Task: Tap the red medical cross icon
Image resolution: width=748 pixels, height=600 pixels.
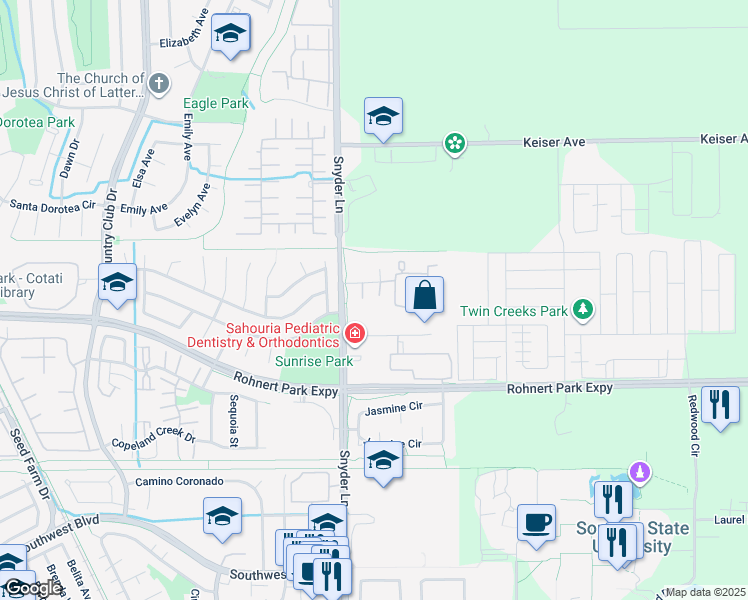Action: click(353, 332)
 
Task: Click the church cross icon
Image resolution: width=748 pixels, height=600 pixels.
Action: click(159, 84)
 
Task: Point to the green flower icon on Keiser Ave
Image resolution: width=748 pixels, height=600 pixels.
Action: click(455, 144)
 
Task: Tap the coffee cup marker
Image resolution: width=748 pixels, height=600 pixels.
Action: click(536, 523)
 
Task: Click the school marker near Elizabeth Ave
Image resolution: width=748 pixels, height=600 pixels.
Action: click(230, 34)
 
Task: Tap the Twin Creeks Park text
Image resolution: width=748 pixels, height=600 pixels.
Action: click(514, 311)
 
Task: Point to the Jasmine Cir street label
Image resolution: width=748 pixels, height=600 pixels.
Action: click(395, 408)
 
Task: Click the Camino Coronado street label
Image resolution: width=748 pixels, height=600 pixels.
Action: click(179, 481)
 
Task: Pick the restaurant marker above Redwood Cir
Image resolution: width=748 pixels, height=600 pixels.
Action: click(720, 405)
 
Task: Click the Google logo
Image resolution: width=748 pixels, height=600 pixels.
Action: click(33, 589)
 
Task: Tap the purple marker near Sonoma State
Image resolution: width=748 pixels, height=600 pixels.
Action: click(639, 470)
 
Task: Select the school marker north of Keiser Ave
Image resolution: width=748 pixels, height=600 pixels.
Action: click(383, 118)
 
